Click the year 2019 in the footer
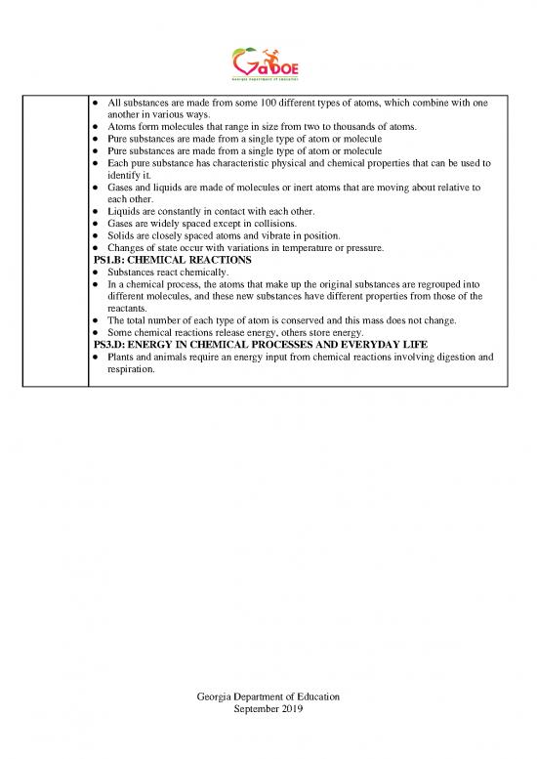coord(290,710)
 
